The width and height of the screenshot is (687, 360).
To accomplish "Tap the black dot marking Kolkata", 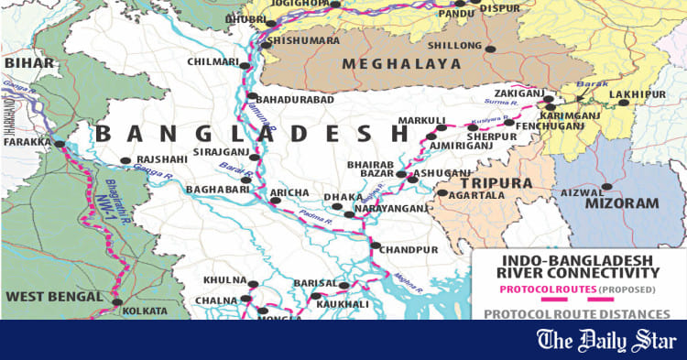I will tap(116, 301).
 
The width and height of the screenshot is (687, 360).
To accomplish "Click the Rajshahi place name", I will tap(160, 158).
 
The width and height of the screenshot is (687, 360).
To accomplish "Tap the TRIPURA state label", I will tap(502, 183).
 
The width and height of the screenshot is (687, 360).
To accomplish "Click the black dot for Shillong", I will tap(490, 48).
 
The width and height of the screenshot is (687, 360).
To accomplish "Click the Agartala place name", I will tap(474, 194).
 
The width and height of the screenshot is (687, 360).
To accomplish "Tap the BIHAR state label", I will tap(24, 62).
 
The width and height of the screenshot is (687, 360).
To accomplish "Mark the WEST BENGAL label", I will tap(52, 296).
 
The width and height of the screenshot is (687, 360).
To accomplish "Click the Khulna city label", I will tap(224, 280).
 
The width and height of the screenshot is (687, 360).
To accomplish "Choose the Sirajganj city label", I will tap(218, 155).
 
